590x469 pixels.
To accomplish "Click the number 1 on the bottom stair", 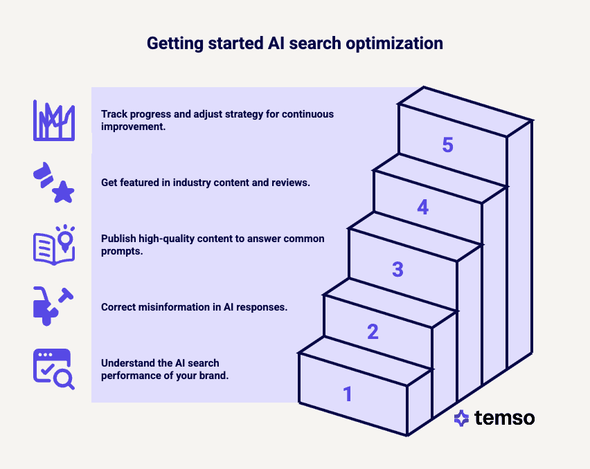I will (348, 394).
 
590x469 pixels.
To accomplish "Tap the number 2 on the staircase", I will (373, 332).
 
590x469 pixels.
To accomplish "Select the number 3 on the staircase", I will (397, 270).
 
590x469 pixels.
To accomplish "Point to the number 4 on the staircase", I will (422, 207).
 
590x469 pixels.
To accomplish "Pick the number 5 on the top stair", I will (447, 145).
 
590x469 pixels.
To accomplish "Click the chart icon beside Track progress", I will (53, 120).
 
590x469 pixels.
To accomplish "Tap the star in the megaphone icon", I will (63, 193).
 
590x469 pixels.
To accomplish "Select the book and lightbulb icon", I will (53, 244).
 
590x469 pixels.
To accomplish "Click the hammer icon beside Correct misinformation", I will (66, 297).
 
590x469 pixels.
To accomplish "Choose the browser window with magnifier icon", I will (53, 369).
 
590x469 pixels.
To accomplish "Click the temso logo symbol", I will (461, 418).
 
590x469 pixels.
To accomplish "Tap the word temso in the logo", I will (504, 418).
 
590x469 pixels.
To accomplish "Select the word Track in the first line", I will (114, 114).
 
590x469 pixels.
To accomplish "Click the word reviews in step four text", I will (291, 183).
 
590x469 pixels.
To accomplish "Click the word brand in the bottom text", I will (213, 376).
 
